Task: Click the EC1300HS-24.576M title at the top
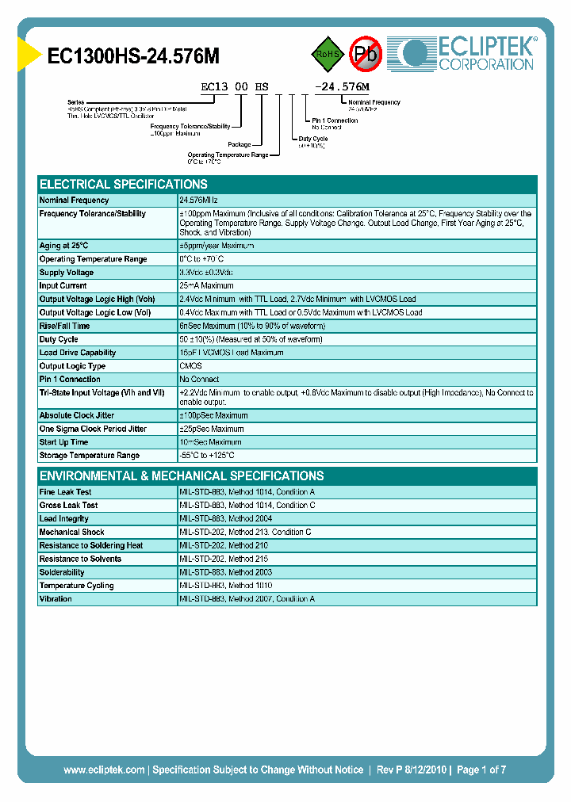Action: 133,55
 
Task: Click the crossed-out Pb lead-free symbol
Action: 366,54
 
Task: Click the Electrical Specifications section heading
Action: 124,184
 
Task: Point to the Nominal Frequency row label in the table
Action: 75,200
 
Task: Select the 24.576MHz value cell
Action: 198,200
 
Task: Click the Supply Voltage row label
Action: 67,273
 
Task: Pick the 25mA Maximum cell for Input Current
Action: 206,286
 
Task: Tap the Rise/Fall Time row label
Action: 65,326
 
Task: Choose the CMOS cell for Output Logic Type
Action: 190,366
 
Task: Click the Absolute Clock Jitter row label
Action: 78,415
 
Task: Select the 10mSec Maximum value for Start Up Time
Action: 210,442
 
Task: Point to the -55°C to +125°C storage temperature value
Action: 207,456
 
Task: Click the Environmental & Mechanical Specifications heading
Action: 182,475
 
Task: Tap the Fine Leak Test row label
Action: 66,492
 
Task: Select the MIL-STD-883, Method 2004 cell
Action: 227,519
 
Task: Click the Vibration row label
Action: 56,599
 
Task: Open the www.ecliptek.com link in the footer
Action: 104,770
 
